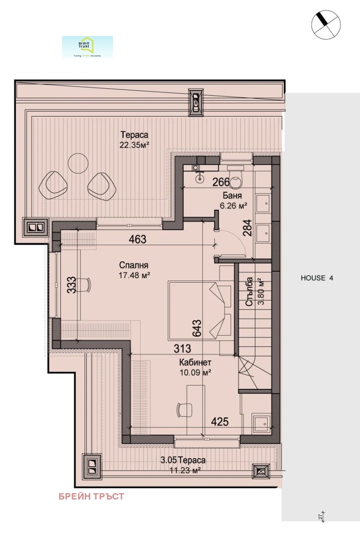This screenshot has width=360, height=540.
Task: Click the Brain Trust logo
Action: [x=87, y=47]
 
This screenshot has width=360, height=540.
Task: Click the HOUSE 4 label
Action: [x=317, y=278]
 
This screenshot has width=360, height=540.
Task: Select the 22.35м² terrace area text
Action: [x=134, y=144]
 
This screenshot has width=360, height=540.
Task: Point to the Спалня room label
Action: [x=134, y=265]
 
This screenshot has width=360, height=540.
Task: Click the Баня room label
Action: [x=232, y=196]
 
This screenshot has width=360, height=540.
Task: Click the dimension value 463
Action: [x=137, y=239]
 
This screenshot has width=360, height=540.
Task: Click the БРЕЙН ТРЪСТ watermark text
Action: [x=91, y=497]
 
